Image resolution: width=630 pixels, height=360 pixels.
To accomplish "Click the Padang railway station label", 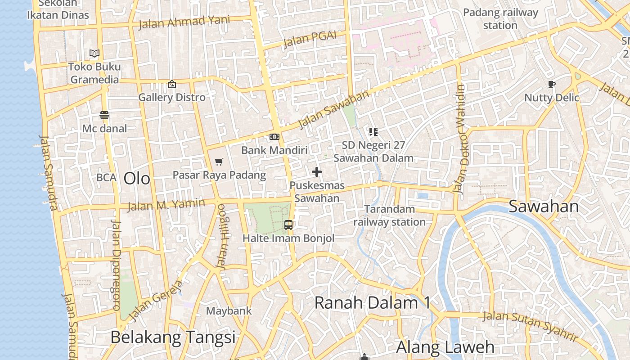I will (500, 19).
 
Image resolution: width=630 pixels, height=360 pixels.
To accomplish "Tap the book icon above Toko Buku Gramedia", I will (94, 54).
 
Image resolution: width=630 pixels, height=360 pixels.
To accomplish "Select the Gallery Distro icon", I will (171, 84).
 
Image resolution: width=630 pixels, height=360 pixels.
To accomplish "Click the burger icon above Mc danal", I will (104, 115).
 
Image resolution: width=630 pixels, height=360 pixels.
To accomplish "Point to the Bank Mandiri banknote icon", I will (274, 137).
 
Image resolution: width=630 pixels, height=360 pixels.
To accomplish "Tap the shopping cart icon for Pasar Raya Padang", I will (219, 162).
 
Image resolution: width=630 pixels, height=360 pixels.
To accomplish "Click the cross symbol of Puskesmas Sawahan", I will (317, 171).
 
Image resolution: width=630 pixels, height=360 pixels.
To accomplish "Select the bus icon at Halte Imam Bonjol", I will (288, 225).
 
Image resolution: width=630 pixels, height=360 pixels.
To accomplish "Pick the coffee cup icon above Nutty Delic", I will (552, 84).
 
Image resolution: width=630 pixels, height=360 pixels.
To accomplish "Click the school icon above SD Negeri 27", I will (373, 131).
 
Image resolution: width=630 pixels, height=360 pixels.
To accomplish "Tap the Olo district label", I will (137, 179).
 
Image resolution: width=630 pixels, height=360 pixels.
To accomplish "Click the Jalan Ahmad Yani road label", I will (184, 22).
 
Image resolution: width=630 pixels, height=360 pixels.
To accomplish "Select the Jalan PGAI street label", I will (310, 40).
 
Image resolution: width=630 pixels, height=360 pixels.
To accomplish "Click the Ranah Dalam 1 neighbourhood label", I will (372, 303).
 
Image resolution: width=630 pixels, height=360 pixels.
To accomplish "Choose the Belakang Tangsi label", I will (173, 337).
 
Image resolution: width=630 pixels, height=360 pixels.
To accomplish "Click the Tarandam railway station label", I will (389, 216).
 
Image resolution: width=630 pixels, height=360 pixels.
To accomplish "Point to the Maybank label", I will (229, 311).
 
